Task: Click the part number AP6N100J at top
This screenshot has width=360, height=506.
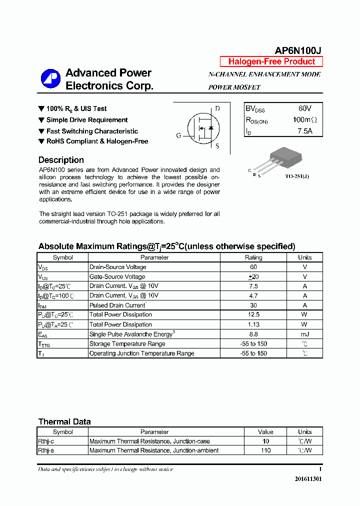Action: point(298,50)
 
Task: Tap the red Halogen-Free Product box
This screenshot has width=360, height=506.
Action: point(271,61)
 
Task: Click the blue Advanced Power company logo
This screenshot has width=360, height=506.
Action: point(50,79)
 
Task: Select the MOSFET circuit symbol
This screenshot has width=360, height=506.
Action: point(202,128)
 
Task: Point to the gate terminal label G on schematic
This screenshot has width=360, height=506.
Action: point(178,135)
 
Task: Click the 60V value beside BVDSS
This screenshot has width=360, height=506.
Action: point(304,108)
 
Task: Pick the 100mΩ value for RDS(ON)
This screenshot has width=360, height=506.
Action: point(304,120)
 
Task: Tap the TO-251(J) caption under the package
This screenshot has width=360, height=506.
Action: point(297,176)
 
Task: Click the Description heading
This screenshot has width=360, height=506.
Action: point(61,160)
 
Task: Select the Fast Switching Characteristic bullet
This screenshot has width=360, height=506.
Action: point(92,131)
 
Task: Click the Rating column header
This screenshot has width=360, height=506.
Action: point(253,257)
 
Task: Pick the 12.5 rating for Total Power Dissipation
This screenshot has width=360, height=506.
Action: point(253,314)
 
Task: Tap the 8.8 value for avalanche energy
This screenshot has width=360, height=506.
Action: point(253,334)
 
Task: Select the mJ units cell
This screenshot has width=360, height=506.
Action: point(304,334)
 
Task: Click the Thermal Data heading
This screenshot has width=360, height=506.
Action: point(64,421)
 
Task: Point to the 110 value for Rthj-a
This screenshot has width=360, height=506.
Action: point(265,450)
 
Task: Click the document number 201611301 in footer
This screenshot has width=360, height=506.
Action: point(308,478)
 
